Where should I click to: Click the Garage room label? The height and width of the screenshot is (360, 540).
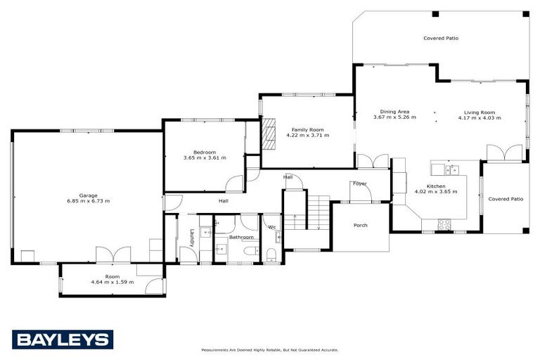(x=88, y=195)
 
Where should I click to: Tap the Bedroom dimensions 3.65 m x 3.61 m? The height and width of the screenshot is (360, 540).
(x=205, y=158)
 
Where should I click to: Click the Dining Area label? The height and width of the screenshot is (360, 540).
(x=394, y=111)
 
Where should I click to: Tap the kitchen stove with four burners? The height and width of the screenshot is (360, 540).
(x=444, y=224)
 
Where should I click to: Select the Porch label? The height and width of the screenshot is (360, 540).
(x=360, y=225)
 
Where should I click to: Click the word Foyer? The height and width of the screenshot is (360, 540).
(x=359, y=184)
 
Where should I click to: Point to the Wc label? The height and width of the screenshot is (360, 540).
(x=271, y=226)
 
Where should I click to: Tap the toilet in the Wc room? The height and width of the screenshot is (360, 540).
(x=271, y=254)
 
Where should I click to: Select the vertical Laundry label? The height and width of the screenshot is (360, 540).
(x=191, y=237)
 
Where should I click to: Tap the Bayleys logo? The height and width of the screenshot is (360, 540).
(x=62, y=340)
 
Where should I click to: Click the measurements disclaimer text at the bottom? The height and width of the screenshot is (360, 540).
(x=270, y=349)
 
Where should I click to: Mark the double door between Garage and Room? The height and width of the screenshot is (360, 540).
(x=113, y=255)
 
